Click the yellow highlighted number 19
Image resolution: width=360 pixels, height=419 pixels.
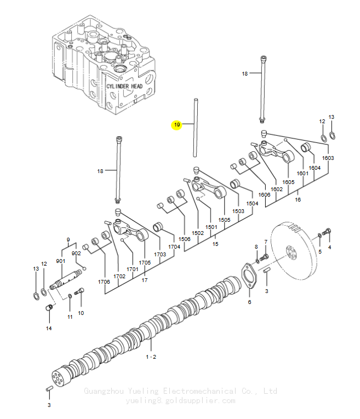[x=177, y=124]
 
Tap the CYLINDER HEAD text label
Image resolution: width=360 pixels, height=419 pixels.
[x=124, y=87]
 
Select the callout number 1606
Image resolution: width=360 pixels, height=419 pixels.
[x=264, y=195]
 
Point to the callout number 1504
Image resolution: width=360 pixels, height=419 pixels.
[x=252, y=204]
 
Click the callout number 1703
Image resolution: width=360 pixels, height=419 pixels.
[x=160, y=254]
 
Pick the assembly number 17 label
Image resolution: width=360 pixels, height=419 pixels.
[x=145, y=280]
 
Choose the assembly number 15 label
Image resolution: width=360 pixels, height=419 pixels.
[x=215, y=244]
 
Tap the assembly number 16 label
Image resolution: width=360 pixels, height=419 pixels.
[x=298, y=199]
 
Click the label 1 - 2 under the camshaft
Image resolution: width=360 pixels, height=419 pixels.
[x=151, y=357]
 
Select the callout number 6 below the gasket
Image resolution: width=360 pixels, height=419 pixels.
[x=249, y=302]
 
